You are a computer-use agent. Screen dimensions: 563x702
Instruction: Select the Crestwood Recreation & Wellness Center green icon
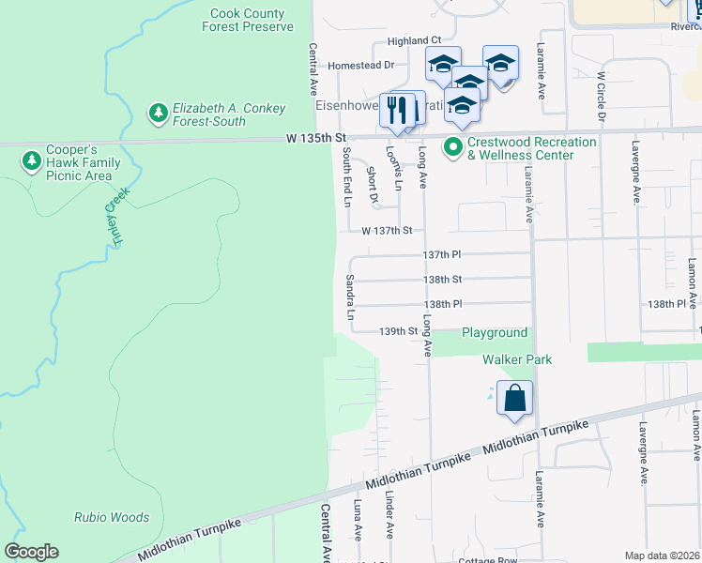coord(453,147)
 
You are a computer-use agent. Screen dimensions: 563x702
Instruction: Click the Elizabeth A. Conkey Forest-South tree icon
coord(159,114)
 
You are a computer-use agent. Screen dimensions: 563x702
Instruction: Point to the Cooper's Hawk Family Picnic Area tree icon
coord(31,162)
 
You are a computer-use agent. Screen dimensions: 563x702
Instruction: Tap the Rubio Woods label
coord(112,517)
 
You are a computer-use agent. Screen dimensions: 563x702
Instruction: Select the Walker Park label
coord(517,359)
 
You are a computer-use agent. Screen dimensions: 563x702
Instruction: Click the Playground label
coord(495,333)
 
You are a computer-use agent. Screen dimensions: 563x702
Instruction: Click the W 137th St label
coord(387,230)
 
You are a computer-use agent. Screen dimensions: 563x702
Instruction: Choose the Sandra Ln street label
coord(349,297)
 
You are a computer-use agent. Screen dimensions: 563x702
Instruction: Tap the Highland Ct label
coord(414,41)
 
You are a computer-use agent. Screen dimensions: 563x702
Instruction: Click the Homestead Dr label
coord(361,66)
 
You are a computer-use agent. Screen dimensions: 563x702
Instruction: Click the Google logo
coord(31,552)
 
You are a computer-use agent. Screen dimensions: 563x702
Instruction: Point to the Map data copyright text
coord(662,555)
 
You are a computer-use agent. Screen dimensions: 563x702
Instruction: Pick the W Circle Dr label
coord(602,99)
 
